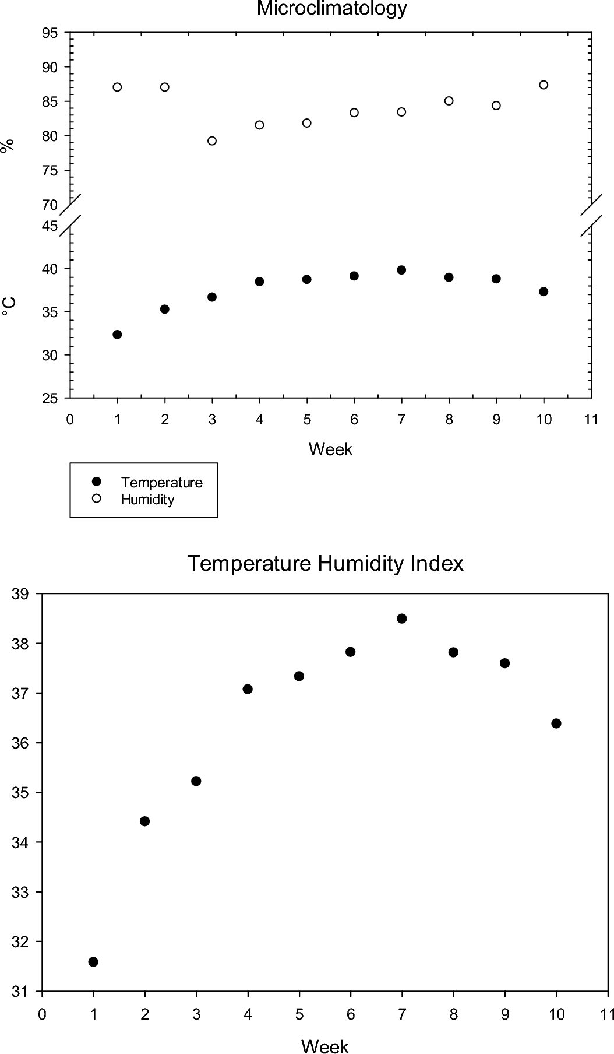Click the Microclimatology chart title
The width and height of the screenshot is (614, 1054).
(x=331, y=8)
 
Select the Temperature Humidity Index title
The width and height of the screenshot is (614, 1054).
(x=325, y=564)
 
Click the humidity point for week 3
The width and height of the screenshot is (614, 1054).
(x=212, y=140)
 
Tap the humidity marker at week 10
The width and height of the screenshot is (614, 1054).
(x=544, y=85)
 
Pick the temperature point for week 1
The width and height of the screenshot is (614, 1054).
(x=117, y=334)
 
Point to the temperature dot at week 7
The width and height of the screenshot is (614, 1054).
(x=401, y=270)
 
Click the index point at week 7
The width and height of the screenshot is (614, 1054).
(x=401, y=619)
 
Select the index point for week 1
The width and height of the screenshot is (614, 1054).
(x=93, y=962)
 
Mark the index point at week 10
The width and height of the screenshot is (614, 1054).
(x=556, y=723)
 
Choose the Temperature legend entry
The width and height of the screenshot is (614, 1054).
(x=161, y=482)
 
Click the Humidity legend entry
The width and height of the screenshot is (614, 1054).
(x=147, y=500)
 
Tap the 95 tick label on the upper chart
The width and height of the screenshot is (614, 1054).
(x=51, y=33)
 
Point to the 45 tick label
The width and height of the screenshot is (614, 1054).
(x=51, y=226)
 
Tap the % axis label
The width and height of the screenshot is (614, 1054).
(x=8, y=146)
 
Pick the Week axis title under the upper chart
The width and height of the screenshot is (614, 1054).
(x=330, y=449)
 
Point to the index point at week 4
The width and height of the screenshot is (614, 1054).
(x=248, y=689)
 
